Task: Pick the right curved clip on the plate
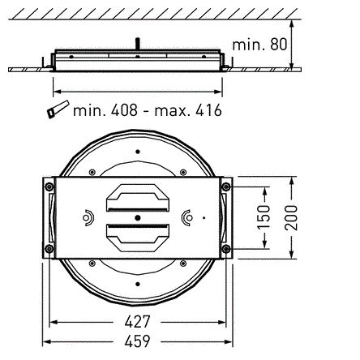(188, 216)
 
